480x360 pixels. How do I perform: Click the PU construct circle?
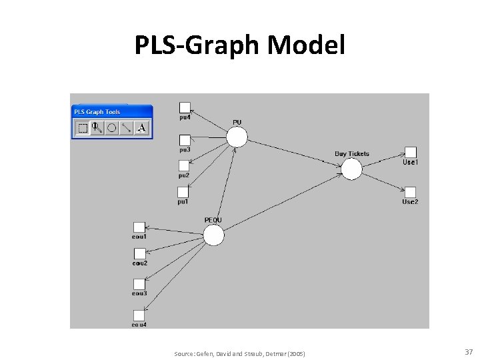coord(236,137)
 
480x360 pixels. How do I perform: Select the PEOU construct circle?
coord(213,235)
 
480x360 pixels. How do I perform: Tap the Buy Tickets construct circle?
coord(351,169)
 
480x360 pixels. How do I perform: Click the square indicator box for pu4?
coord(185,107)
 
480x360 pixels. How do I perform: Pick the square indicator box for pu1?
coord(183,191)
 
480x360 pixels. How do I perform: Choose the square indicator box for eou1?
coord(139,227)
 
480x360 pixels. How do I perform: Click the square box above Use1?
coord(411,153)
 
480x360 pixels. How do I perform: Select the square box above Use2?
coord(411,192)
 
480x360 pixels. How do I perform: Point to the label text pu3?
coord(184,149)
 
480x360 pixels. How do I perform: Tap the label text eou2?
coord(139,263)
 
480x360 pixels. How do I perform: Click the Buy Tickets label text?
coord(351,154)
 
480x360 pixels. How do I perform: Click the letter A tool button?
coord(141,127)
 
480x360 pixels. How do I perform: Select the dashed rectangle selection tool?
coord(83,128)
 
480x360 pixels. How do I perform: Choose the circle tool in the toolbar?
coord(112,128)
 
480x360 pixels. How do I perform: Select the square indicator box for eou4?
coord(139,315)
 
